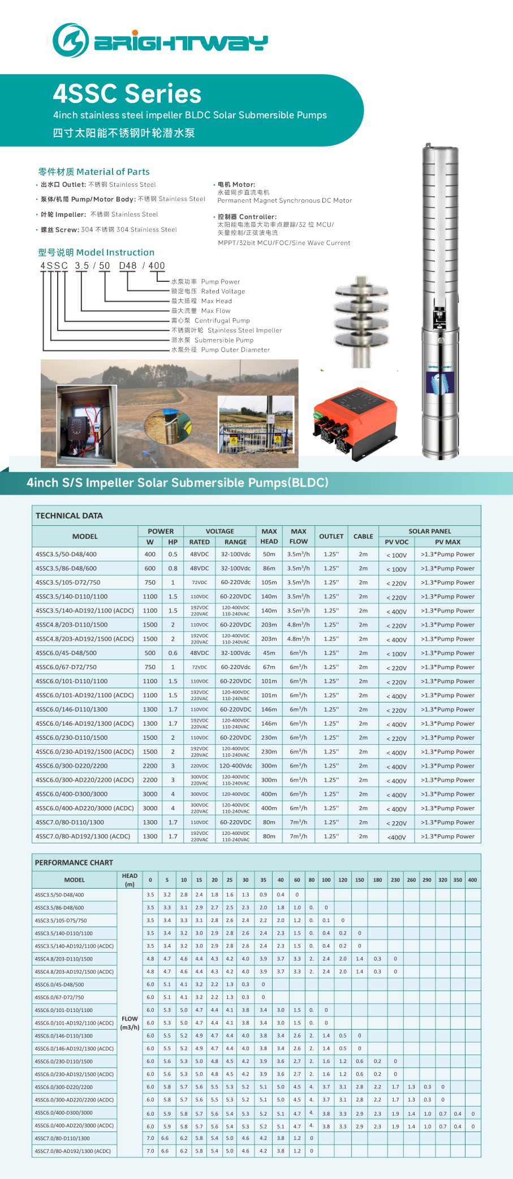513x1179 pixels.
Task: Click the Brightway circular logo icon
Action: click(x=70, y=41)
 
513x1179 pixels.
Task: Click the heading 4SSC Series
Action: click(x=127, y=94)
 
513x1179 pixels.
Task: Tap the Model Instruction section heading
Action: click(x=96, y=252)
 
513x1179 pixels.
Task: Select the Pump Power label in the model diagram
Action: click(x=220, y=281)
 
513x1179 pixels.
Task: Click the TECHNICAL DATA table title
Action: click(x=69, y=516)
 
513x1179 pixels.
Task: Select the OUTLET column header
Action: click(x=331, y=536)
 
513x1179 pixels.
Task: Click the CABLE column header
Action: click(x=363, y=536)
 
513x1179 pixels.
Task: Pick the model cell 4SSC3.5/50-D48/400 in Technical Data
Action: click(x=66, y=554)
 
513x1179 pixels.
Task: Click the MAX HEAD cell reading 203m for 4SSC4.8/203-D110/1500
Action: click(x=269, y=625)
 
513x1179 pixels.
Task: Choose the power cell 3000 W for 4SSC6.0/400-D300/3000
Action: click(x=150, y=794)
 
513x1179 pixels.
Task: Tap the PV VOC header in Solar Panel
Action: click(x=396, y=542)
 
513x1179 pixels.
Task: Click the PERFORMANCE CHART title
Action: click(x=74, y=863)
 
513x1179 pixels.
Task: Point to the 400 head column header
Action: click(x=472, y=880)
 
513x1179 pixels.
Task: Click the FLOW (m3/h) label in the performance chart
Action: click(x=130, y=1023)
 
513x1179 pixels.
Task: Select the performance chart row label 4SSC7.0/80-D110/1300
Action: click(x=62, y=1138)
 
